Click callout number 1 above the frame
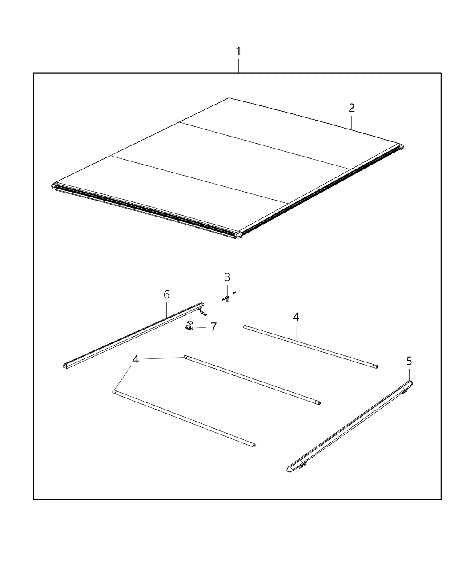point(238,52)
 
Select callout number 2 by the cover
point(351,108)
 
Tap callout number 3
point(227,277)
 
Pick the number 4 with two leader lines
point(135,359)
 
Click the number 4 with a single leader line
point(296,317)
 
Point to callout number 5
point(409,361)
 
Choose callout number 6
point(166,294)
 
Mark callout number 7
point(213,327)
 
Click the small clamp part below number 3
point(227,297)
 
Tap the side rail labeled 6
point(133,334)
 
